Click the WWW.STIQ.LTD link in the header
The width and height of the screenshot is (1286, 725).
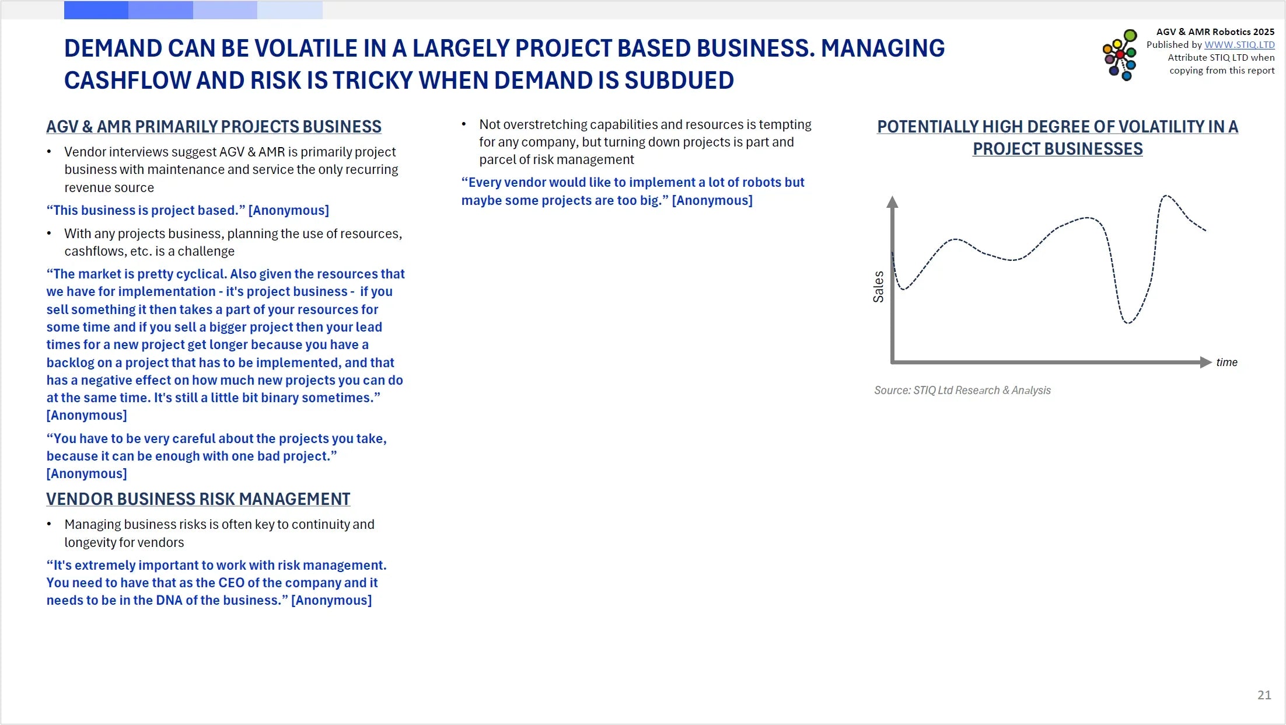[x=1239, y=45]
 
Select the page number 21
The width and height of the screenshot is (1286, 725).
[x=1264, y=695]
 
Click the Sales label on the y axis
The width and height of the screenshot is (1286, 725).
[x=878, y=287]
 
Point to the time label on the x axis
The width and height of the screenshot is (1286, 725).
[x=1226, y=362]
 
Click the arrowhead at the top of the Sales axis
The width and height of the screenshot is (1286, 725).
[x=892, y=201]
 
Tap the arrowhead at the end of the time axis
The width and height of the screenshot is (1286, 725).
[x=1205, y=362]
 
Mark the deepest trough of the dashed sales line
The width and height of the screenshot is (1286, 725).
[x=1127, y=323]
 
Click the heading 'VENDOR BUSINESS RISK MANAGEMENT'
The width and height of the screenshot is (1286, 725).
[x=198, y=499]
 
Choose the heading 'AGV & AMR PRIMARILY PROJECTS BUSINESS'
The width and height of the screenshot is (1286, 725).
[x=214, y=127]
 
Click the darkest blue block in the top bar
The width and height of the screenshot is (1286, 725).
[x=96, y=10]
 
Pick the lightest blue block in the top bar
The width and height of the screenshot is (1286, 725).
[x=290, y=10]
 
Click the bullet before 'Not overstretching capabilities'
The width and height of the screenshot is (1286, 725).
[x=464, y=124]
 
